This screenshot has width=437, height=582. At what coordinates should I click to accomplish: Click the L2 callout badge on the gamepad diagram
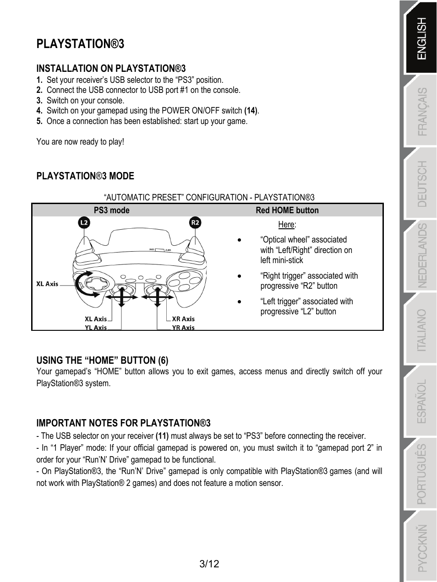coord(84,223)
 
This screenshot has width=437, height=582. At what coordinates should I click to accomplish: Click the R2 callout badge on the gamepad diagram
coord(196,223)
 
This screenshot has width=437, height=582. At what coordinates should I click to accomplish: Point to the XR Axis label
coord(183,319)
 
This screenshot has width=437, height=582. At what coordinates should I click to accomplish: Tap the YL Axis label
coord(96,328)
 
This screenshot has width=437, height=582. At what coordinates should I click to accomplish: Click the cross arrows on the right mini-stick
coord(157,296)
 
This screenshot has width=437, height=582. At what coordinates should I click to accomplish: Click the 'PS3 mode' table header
coord(112,210)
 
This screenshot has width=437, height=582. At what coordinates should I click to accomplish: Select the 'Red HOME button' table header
coord(287,210)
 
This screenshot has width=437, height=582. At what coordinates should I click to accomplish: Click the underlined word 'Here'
coord(286,225)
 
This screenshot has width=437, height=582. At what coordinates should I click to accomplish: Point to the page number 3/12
coord(209,564)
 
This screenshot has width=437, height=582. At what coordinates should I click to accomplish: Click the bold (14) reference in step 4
coord(251,111)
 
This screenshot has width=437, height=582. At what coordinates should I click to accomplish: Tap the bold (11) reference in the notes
coord(162,436)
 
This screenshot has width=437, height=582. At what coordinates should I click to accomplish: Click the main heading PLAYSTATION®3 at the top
coord(80,44)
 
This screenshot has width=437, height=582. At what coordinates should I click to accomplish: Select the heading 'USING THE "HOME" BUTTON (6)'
coord(102,360)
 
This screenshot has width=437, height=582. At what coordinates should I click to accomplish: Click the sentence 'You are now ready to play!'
coord(80,142)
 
